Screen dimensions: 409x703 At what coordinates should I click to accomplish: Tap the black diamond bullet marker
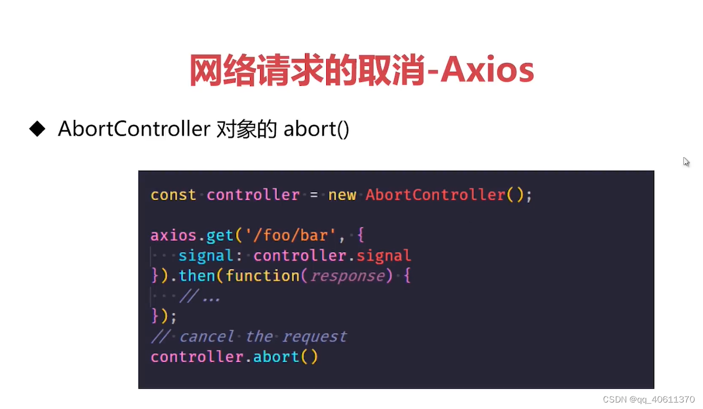[x=37, y=129]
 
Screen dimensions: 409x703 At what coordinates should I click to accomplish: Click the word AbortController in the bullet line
[x=134, y=129]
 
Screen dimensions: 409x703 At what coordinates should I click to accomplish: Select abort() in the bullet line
[x=316, y=130]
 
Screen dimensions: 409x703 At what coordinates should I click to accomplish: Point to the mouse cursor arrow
[x=686, y=162]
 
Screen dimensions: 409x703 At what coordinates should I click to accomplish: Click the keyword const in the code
[x=173, y=195]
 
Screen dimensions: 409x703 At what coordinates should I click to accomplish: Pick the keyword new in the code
[x=342, y=195]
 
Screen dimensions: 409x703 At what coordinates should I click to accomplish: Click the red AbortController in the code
[x=436, y=195]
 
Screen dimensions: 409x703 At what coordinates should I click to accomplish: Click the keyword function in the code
[x=262, y=276]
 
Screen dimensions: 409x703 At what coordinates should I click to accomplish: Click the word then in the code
[x=197, y=276]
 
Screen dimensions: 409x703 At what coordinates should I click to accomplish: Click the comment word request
[x=314, y=337]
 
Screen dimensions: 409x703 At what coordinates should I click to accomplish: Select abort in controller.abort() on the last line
[x=276, y=357]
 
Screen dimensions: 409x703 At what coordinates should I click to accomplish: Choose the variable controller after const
[x=253, y=195]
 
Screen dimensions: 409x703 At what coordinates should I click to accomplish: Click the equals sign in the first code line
[x=314, y=195]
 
